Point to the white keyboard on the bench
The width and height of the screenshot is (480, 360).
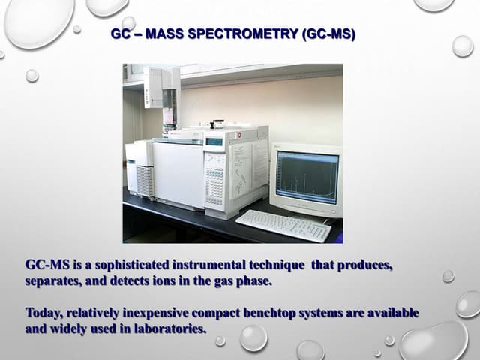(x=283, y=225)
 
